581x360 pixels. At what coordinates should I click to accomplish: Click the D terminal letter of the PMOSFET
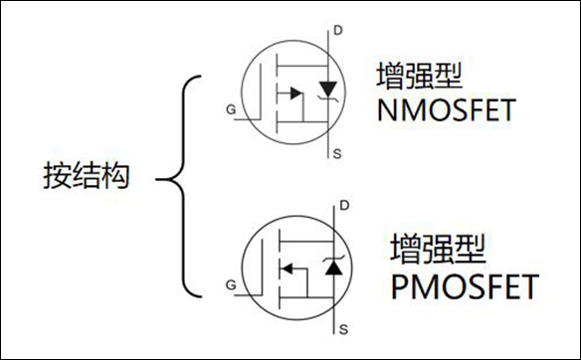coord(343,206)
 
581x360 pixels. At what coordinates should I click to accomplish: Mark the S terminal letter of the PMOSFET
coord(343,327)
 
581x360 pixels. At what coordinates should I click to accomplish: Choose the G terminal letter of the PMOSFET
coord(231,285)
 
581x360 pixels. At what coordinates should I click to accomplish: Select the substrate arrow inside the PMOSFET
coord(288,268)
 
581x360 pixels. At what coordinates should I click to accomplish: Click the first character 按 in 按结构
coord(58,178)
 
